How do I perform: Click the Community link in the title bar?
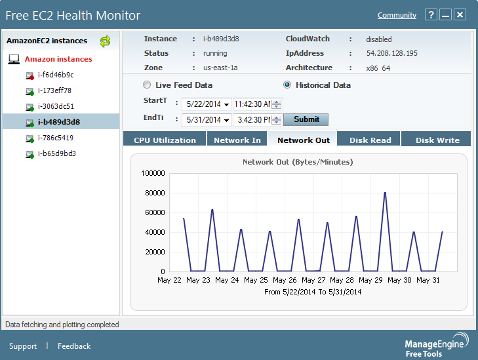coord(397,15)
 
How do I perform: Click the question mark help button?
coord(430,15)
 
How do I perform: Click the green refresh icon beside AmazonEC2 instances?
coord(105,41)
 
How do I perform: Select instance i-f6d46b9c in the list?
coord(56,75)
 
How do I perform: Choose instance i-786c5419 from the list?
coord(56,138)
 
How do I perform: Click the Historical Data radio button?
coord(287,85)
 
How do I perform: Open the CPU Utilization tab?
coord(165,140)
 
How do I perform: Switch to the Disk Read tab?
coord(370,140)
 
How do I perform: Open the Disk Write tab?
coord(437,140)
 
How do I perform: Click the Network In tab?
coord(237,140)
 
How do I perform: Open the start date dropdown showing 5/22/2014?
coord(226,104)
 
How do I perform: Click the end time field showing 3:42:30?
coord(252,120)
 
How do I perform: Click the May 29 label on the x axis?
coord(370,280)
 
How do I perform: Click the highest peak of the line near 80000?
coord(385,193)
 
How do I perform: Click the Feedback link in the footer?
coord(74,346)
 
